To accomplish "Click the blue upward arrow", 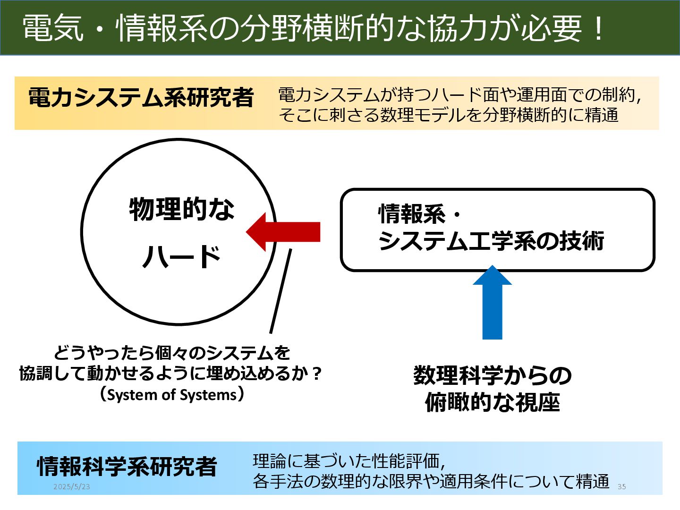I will click(492, 305).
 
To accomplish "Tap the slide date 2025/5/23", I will click(71, 486).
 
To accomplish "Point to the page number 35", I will click(621, 486).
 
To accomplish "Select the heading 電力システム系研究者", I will click(141, 98).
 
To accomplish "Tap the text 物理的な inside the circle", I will click(182, 209).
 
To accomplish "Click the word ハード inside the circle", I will click(182, 257).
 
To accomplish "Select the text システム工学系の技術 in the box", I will click(491, 241).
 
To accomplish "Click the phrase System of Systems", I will click(172, 395).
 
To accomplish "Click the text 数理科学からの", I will click(492, 375).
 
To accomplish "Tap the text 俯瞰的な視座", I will click(492, 402).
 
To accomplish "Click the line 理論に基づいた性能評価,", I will click(349, 460).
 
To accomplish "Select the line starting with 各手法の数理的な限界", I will click(431, 481).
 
